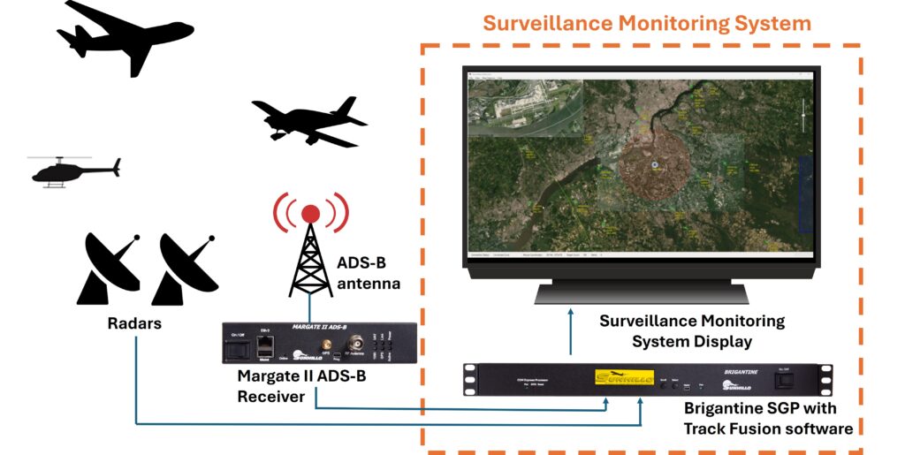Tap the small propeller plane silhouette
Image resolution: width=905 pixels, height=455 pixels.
pyautogui.click(x=309, y=120)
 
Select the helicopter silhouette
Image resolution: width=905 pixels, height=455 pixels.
pyautogui.click(x=74, y=171)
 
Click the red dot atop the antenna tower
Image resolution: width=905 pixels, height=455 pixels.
pyautogui.click(x=310, y=213)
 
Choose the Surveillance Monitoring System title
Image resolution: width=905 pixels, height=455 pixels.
pyautogui.click(x=646, y=21)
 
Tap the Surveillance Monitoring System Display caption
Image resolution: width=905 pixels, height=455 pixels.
pyautogui.click(x=692, y=330)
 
